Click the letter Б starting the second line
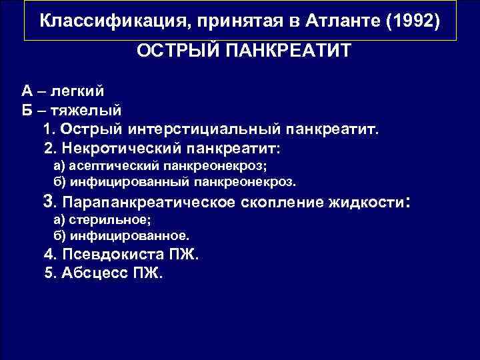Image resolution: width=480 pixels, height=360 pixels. click(26, 109)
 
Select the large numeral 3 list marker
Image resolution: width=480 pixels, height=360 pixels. click(47, 201)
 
